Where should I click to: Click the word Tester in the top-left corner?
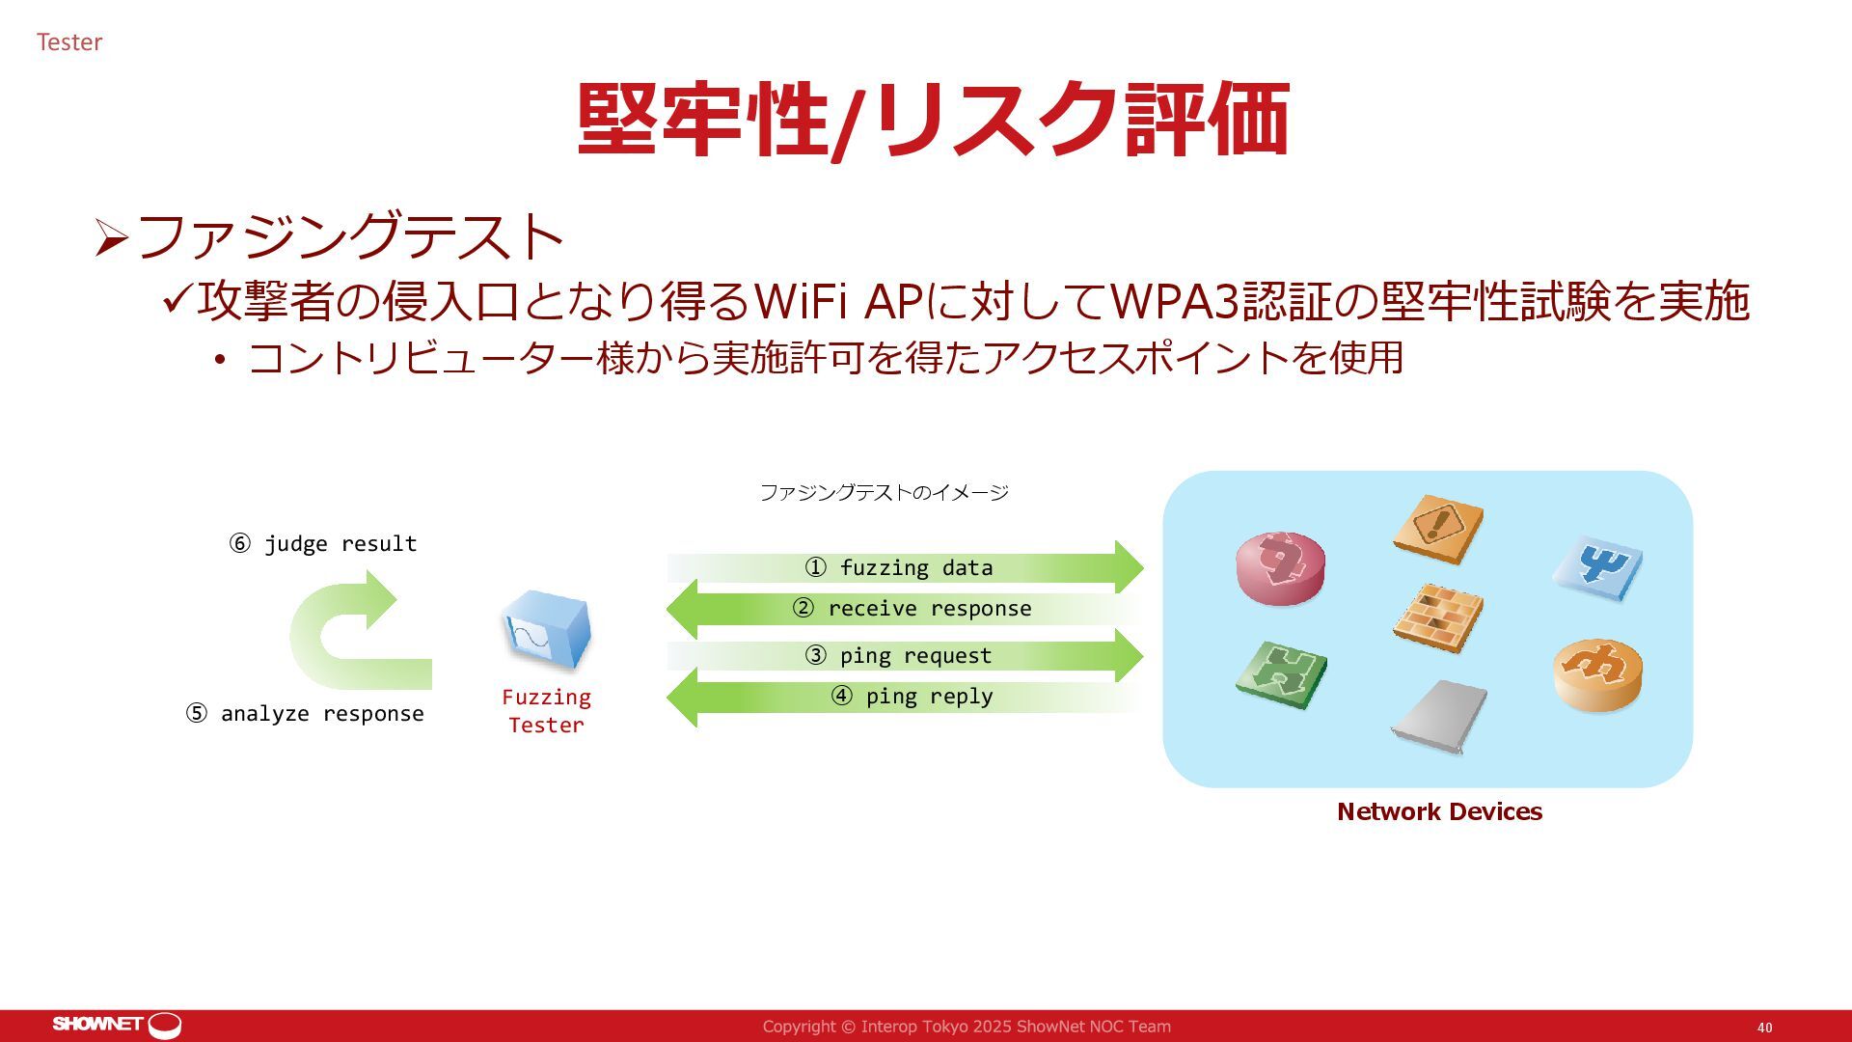[x=69, y=42]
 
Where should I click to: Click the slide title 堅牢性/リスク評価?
[x=933, y=120]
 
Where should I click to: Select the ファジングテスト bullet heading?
[x=349, y=236]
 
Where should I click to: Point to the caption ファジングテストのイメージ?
[x=884, y=493]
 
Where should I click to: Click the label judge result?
[x=323, y=544]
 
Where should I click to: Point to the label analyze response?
[x=305, y=714]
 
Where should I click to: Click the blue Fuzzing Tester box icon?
[x=546, y=630]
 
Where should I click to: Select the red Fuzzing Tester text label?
[x=546, y=711]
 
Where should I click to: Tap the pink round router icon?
[x=1280, y=568]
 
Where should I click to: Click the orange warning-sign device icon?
[x=1438, y=528]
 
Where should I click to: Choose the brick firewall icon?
[x=1437, y=617]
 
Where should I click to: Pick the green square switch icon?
[x=1280, y=674]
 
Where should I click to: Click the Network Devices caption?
[x=1439, y=812]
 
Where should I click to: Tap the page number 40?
[x=1764, y=1028]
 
